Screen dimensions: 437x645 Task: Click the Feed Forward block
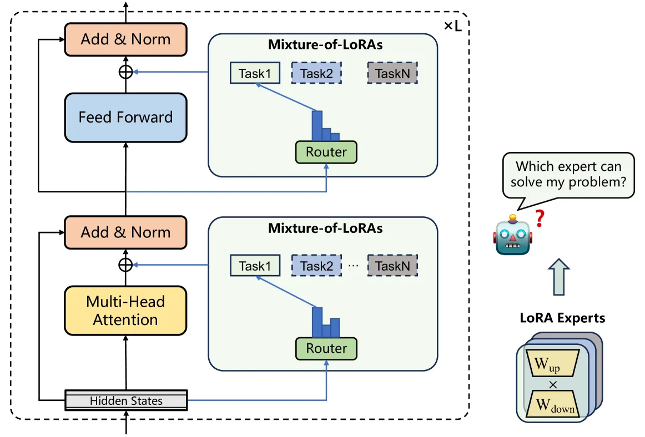(x=125, y=118)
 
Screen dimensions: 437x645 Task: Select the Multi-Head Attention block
(x=125, y=311)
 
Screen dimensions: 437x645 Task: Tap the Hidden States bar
(x=127, y=400)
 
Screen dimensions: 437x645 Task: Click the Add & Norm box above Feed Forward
(x=125, y=39)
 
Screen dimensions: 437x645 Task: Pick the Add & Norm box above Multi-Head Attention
(x=125, y=232)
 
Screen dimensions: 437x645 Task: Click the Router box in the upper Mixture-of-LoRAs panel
(x=326, y=152)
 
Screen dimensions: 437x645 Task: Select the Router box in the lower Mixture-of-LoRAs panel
(x=326, y=348)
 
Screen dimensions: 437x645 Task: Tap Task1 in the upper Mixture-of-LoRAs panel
(x=255, y=73)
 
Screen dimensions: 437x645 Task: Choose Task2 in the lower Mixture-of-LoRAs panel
(x=316, y=266)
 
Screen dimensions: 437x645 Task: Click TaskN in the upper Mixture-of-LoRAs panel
(x=392, y=73)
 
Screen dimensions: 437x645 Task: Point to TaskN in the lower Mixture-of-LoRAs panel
(x=392, y=266)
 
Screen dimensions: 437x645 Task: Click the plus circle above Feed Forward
(x=126, y=72)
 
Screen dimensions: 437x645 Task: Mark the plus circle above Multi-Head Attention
(x=126, y=265)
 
